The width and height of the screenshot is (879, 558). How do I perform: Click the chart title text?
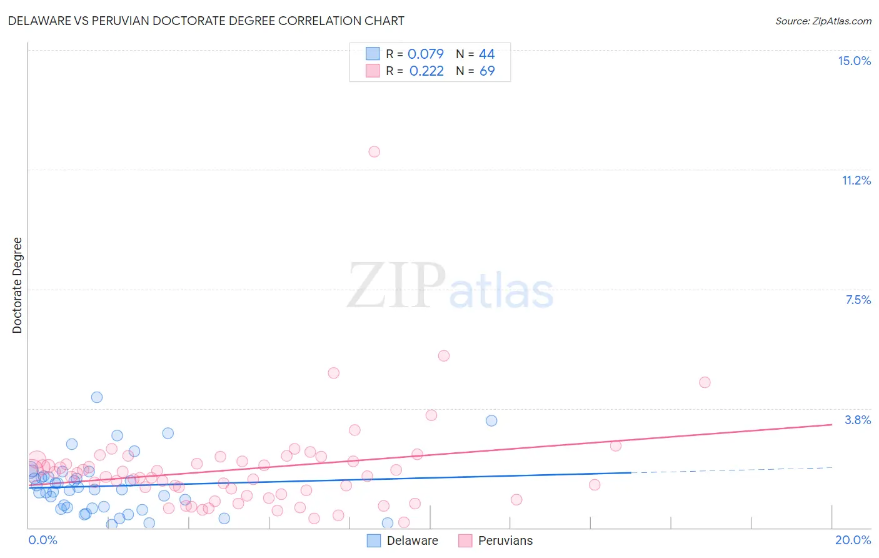[206, 21]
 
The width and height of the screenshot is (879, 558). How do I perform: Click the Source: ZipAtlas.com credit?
[823, 21]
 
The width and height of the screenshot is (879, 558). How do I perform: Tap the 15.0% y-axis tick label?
[854, 61]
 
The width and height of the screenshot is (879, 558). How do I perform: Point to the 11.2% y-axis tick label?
[856, 180]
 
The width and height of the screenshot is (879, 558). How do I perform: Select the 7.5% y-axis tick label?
[858, 300]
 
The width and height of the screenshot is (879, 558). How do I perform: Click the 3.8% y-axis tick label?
[858, 420]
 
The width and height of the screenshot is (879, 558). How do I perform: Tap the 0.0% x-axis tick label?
[43, 540]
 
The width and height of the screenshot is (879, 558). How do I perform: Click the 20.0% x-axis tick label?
[853, 540]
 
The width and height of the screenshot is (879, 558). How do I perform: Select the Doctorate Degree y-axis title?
[17, 285]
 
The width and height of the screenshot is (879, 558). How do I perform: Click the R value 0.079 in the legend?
[425, 54]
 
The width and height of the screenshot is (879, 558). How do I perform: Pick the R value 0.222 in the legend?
[426, 71]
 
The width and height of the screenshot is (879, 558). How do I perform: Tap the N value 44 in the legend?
[486, 54]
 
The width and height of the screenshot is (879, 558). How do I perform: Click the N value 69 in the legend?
[487, 71]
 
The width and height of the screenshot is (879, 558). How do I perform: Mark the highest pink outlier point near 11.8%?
[374, 151]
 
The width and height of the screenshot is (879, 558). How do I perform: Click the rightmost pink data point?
[705, 382]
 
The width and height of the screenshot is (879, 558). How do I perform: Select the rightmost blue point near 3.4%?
[491, 420]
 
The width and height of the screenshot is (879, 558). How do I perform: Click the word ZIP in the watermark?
[396, 287]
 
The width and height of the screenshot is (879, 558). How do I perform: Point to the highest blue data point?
[97, 397]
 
